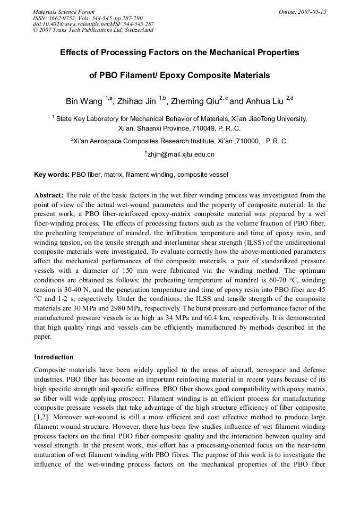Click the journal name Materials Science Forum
(64, 12)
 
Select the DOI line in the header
(93, 24)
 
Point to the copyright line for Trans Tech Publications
(93, 30)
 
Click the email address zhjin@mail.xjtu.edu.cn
(181, 154)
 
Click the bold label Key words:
(52, 174)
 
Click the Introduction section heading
(54, 357)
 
